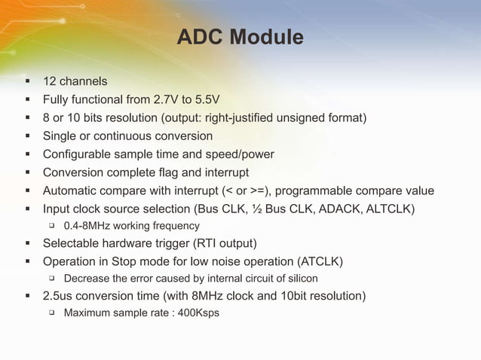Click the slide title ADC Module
[x=240, y=37]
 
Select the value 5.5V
[x=204, y=99]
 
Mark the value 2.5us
[x=60, y=296]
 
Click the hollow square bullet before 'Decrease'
[x=53, y=279]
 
